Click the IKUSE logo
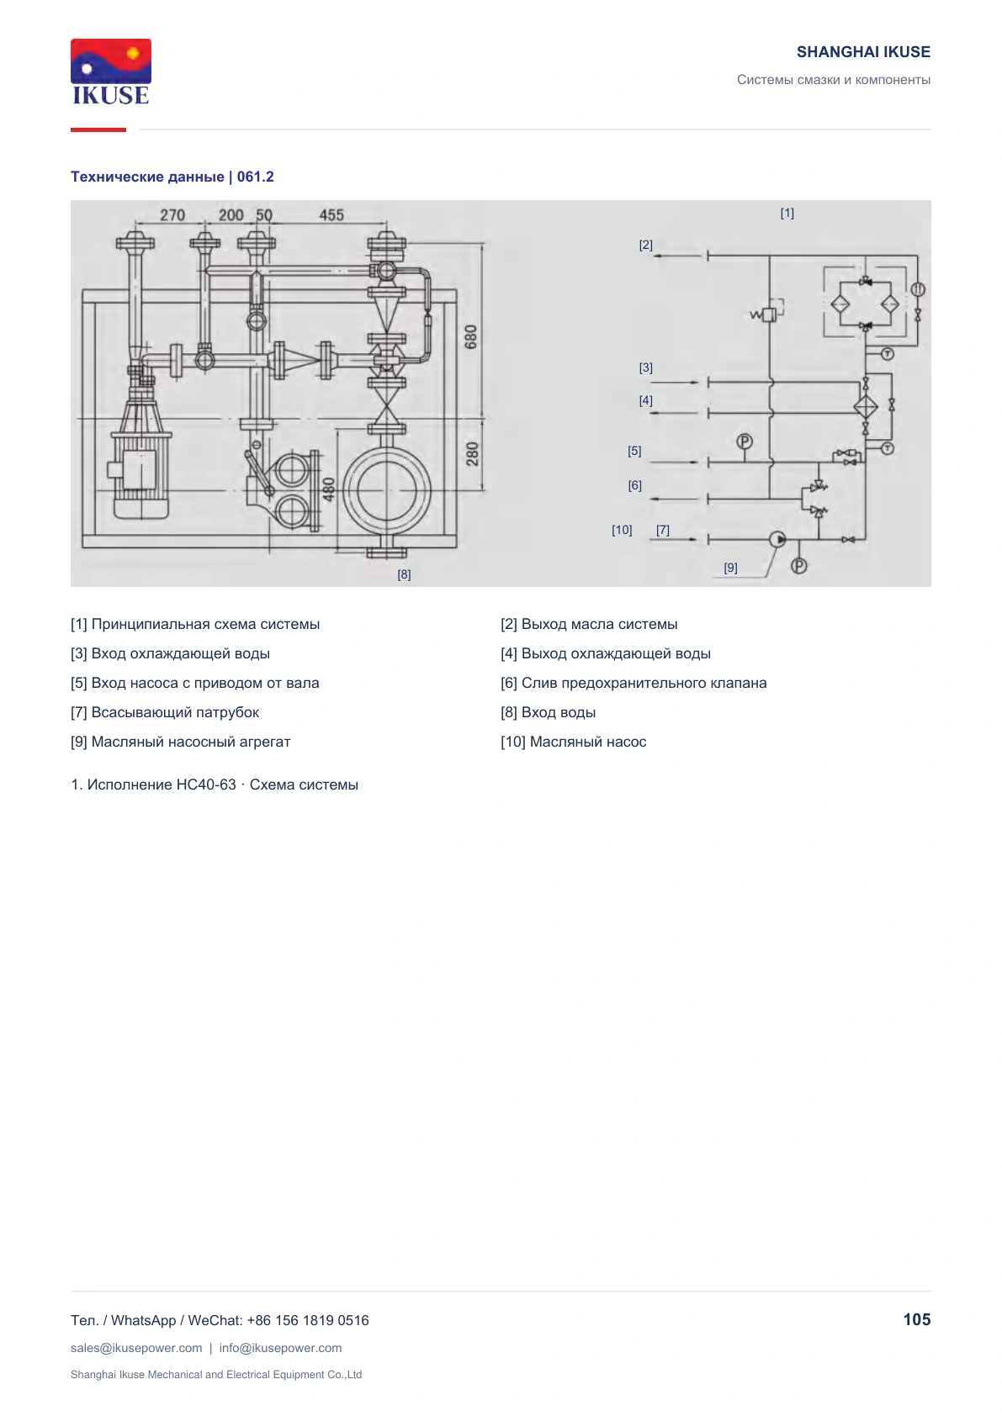[x=111, y=72]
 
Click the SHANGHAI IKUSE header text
[x=863, y=52]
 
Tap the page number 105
[x=916, y=1319]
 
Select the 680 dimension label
[x=470, y=337]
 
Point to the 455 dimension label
[x=331, y=215]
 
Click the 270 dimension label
[x=172, y=215]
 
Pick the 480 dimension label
[x=328, y=489]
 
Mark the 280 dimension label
[x=473, y=454]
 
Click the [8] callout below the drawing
[x=404, y=574]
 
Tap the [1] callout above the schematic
[x=787, y=213]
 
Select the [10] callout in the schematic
[x=621, y=530]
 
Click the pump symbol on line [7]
[x=777, y=539]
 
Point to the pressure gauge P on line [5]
[x=745, y=441]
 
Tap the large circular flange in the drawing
[x=386, y=490]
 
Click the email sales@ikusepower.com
[x=136, y=1347]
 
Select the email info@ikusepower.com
[x=280, y=1347]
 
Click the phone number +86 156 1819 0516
[x=307, y=1320]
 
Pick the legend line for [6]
[x=634, y=683]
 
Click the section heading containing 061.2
[x=172, y=177]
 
